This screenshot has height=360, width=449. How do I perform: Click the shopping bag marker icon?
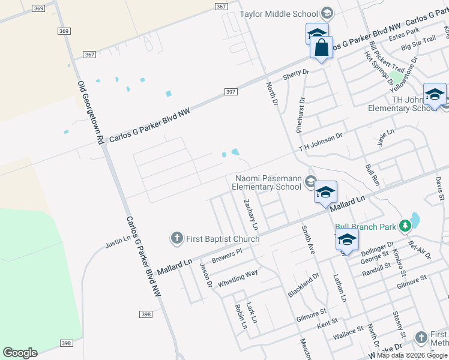[x=322, y=47]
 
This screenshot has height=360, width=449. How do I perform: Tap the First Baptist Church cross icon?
[x=177, y=239]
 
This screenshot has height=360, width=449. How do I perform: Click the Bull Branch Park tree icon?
[x=406, y=226]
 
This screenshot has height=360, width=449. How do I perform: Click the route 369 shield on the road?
[x=64, y=31]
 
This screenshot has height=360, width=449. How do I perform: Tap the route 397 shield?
[x=231, y=92]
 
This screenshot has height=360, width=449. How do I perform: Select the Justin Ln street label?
[x=118, y=242]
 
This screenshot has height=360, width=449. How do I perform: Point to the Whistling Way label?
[x=238, y=278]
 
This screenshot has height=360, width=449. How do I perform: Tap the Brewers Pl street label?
[x=226, y=256]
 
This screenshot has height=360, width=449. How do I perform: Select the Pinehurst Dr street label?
[x=301, y=115]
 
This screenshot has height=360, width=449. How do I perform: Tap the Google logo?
[x=20, y=353]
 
